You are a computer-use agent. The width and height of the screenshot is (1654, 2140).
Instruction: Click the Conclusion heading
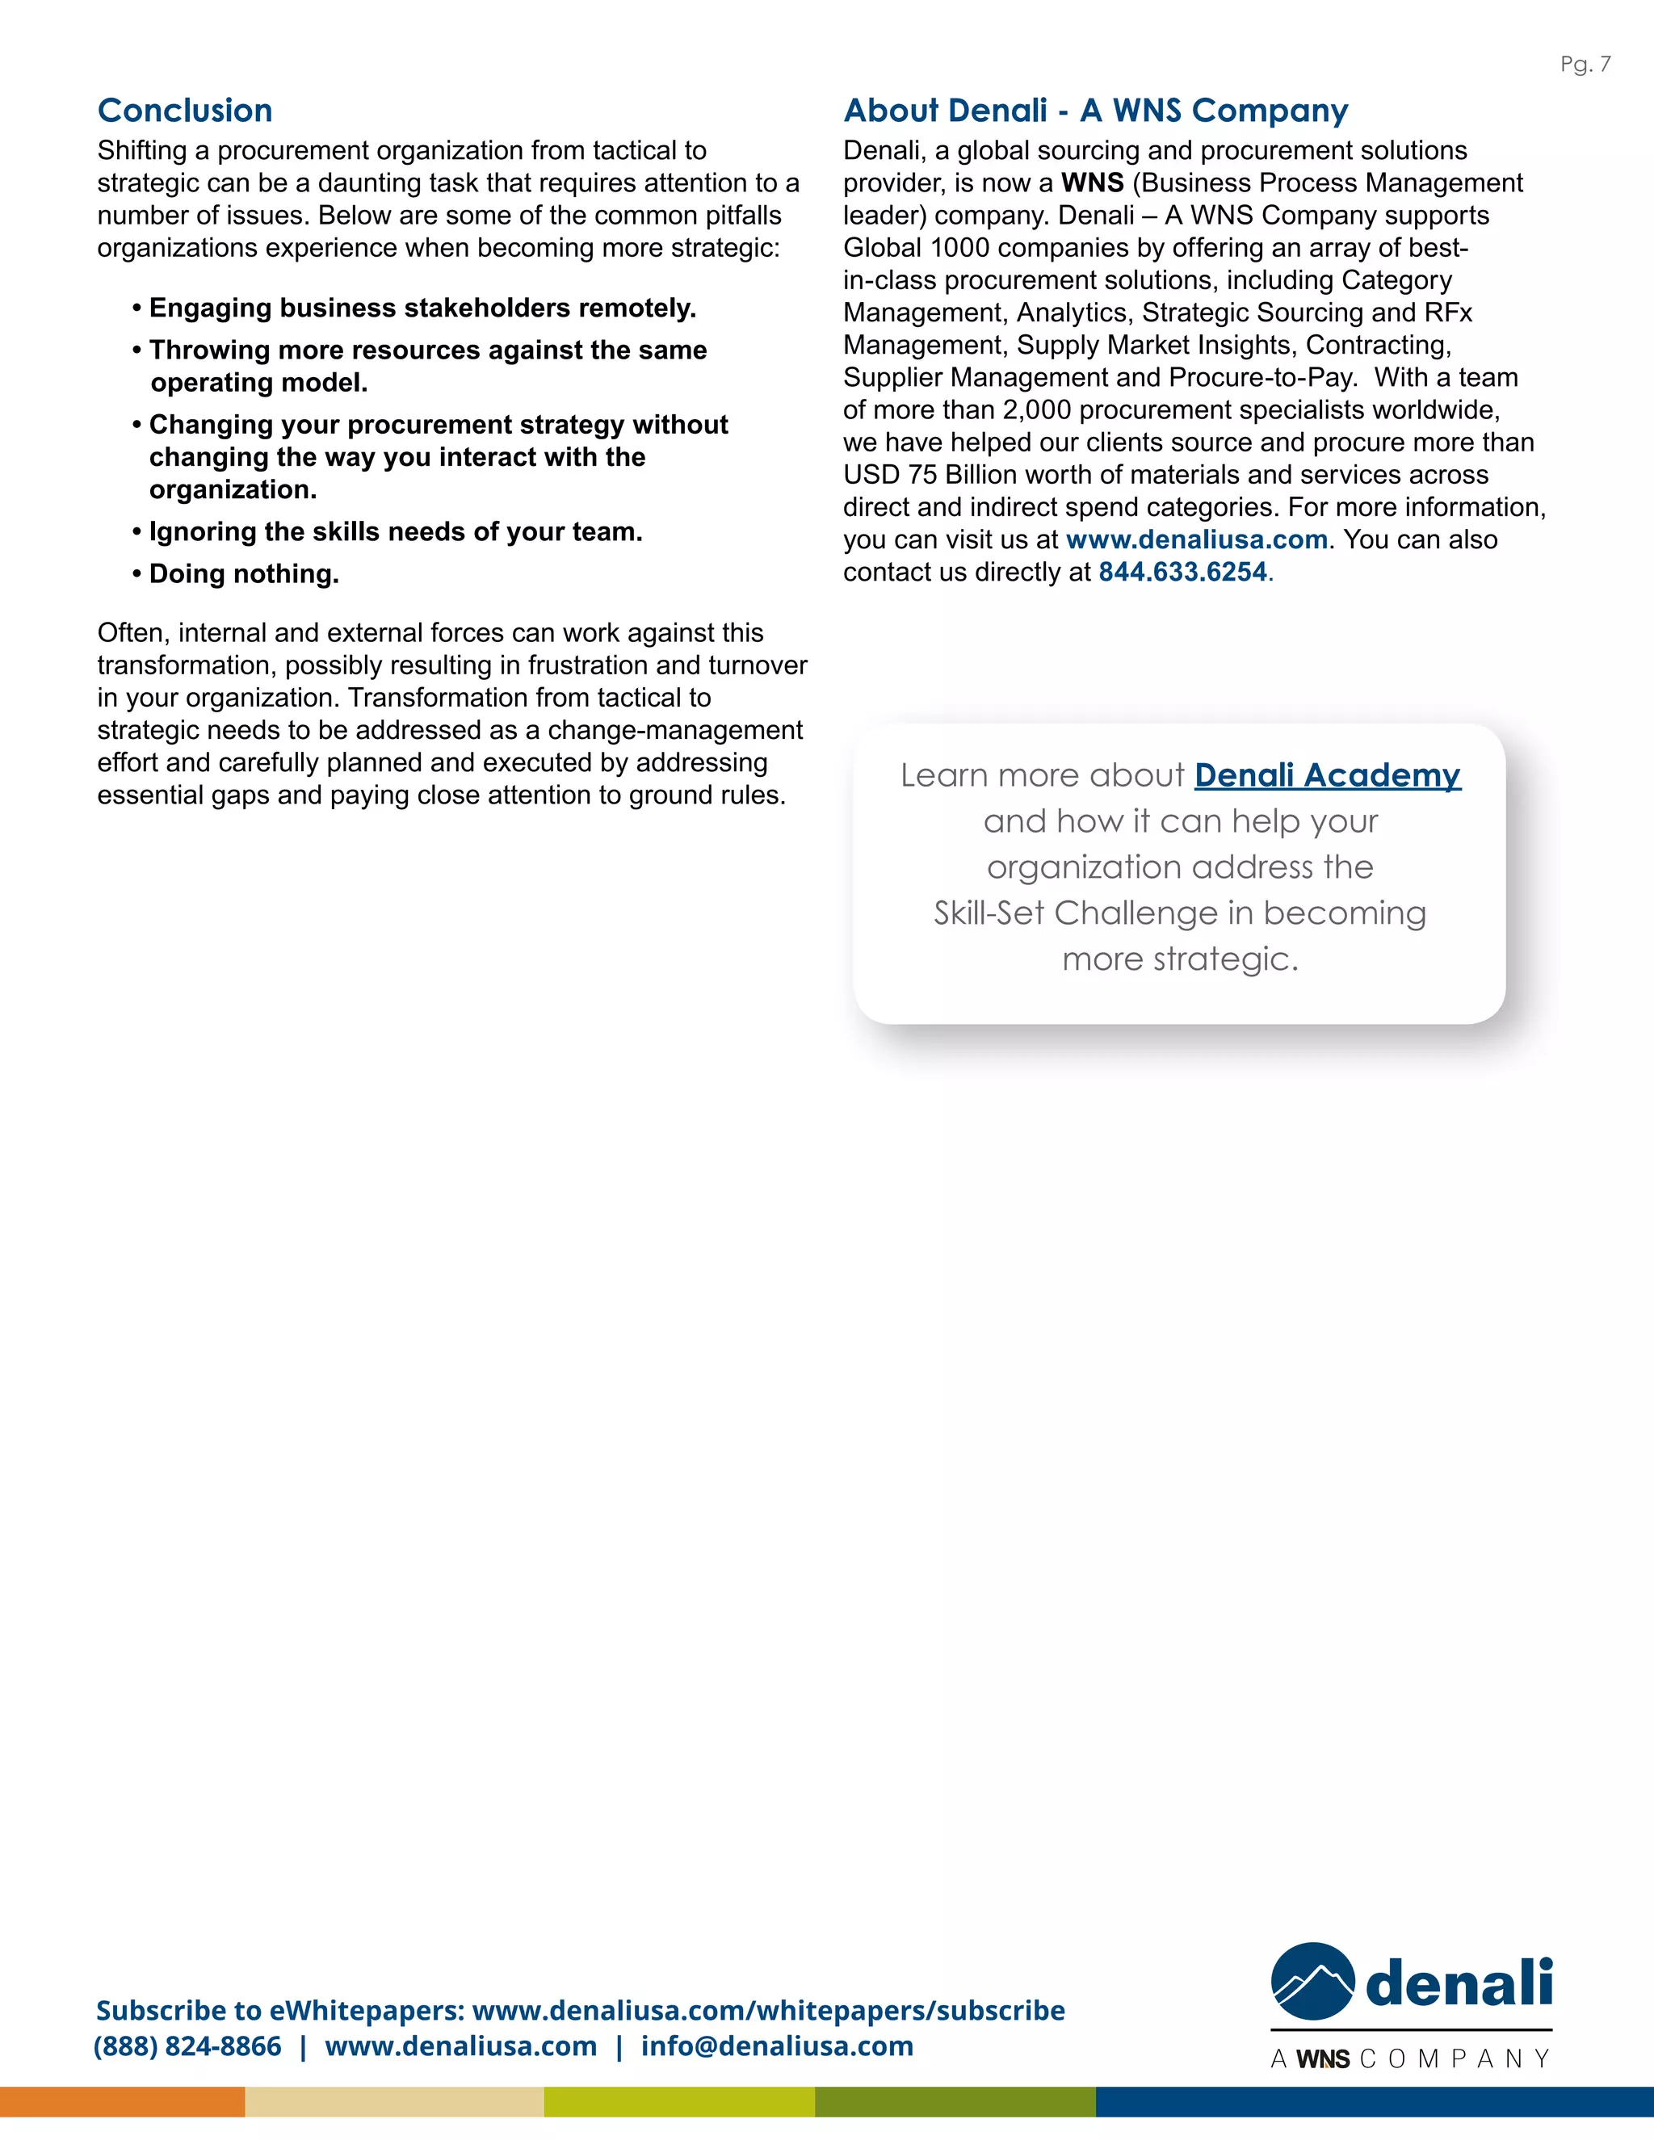(184, 111)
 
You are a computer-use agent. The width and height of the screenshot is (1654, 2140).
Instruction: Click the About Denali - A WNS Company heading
(1095, 111)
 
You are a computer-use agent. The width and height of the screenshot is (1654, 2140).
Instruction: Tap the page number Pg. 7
(1585, 65)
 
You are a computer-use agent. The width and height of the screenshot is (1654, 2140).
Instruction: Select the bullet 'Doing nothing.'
(243, 574)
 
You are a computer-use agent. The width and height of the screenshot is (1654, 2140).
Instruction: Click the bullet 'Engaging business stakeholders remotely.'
(422, 308)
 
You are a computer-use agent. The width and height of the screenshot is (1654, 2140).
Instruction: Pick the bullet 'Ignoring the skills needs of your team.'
(395, 532)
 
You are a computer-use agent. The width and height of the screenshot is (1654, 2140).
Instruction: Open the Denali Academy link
(1327, 775)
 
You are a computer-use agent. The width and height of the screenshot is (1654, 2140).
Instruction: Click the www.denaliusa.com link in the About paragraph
(1195, 540)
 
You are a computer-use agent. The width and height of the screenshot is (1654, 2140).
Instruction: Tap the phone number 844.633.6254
(1182, 573)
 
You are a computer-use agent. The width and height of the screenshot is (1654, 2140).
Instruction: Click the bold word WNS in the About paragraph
(1092, 183)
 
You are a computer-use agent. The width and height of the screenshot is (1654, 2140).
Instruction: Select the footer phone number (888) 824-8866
(187, 2046)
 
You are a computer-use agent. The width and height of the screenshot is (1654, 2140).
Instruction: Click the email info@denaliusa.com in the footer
(777, 2046)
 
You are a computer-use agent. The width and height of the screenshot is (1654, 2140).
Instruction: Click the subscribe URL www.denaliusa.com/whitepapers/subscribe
(768, 2011)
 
